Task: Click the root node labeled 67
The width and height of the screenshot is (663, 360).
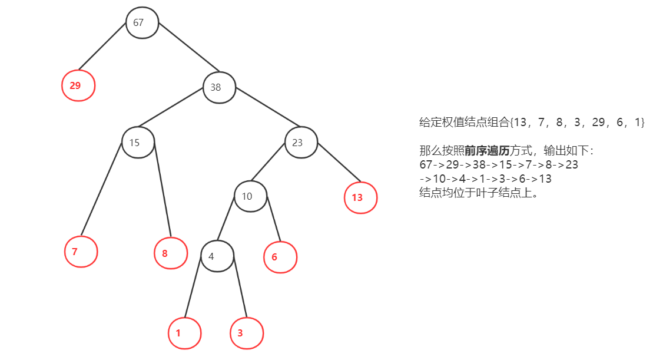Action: pos(142,23)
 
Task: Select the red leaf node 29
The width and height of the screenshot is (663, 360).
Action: pos(78,85)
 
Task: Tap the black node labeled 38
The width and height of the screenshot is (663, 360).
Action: pos(220,87)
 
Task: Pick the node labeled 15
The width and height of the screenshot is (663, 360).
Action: pos(138,143)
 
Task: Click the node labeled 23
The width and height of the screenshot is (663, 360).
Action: pos(301,143)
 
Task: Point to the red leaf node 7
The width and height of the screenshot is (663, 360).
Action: pos(81,252)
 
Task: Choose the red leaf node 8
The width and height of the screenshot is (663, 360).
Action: pos(171,253)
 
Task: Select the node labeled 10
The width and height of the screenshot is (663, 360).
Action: pos(250,196)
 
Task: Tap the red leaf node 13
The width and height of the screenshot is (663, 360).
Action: pos(360,197)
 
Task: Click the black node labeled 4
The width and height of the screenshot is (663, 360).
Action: pos(217,256)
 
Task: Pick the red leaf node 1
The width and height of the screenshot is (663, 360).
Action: pos(184,333)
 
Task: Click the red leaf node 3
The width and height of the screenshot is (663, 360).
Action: pos(246,333)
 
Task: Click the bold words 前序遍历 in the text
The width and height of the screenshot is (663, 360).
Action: pos(487,151)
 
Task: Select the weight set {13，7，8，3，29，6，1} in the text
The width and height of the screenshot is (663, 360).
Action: pos(578,123)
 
